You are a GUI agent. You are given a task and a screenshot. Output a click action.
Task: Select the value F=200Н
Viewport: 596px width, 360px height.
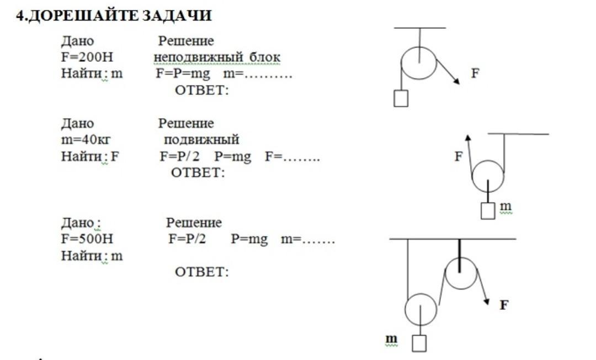[x=87, y=57]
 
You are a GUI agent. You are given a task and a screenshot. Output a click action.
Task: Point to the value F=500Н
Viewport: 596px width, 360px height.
[x=87, y=240]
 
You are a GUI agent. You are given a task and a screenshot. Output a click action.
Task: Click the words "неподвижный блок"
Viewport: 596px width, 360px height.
[x=217, y=57]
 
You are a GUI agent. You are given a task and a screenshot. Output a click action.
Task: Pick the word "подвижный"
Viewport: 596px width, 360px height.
[x=201, y=140]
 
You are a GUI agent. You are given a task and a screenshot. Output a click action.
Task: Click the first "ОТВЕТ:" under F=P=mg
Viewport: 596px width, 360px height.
[x=201, y=90]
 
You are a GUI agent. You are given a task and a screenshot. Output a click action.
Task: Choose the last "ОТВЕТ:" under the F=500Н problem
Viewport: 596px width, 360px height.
[x=201, y=272]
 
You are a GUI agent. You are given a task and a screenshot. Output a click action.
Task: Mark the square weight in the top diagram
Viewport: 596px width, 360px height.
[x=401, y=98]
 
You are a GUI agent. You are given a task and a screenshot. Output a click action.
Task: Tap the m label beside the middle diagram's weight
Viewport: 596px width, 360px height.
[x=505, y=207]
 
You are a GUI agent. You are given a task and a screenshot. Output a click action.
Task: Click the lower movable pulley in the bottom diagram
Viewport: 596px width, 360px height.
[x=421, y=310]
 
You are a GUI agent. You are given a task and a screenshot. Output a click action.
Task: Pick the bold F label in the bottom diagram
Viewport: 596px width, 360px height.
[x=503, y=304]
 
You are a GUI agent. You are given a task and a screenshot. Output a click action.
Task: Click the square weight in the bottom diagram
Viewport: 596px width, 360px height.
[x=420, y=343]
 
